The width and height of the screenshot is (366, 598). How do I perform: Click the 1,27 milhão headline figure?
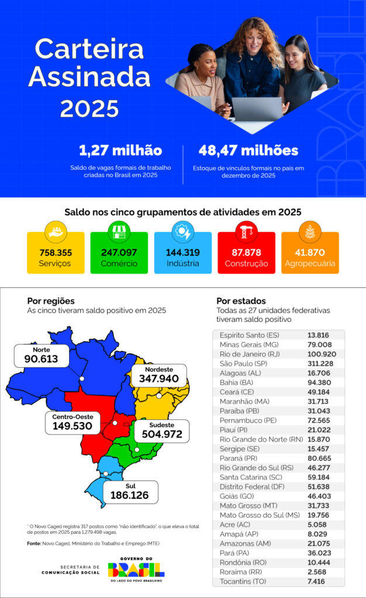tap(120, 151)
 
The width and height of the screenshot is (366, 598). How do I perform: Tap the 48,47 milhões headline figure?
tap(248, 151)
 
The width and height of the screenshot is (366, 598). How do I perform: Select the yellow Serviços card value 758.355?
tap(56, 253)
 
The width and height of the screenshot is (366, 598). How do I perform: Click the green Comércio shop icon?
tap(119, 232)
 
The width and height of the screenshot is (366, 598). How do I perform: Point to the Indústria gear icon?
tap(182, 232)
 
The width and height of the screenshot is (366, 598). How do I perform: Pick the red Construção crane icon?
tap(246, 232)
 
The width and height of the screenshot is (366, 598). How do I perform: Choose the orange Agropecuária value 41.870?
tap(310, 253)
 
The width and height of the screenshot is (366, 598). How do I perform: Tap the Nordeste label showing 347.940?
tap(159, 378)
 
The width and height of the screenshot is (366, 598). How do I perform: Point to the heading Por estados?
tap(241, 301)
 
